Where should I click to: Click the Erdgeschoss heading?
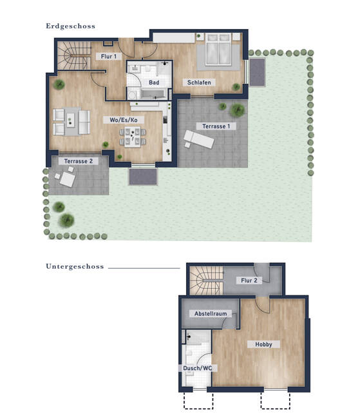[x=70, y=26]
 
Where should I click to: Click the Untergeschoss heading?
[x=75, y=266]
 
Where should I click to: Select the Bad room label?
[x=154, y=83]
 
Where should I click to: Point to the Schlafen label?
[x=200, y=83]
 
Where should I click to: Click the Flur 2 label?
[x=249, y=280]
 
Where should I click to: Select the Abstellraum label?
[x=211, y=313]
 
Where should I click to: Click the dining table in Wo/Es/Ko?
[x=133, y=135]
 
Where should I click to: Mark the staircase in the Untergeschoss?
[x=205, y=280]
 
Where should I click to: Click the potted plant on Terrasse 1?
[x=238, y=110]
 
